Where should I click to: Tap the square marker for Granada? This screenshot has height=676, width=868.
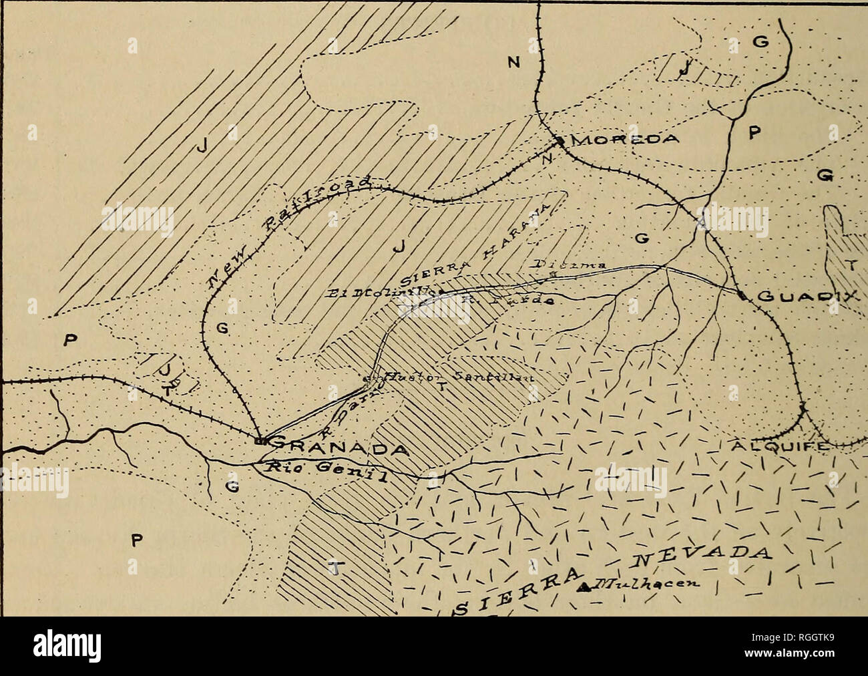pos(262,442)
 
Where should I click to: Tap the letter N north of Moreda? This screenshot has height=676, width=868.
pos(513,63)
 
